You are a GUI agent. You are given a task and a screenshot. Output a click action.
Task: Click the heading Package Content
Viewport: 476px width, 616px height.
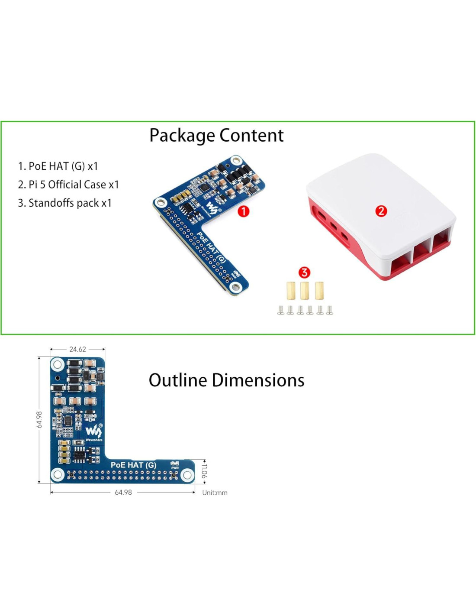tap(216, 136)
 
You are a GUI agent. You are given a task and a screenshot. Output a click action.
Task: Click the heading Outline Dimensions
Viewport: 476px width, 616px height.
tap(226, 380)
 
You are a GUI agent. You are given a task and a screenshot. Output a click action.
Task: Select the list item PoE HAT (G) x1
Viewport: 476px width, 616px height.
tap(58, 166)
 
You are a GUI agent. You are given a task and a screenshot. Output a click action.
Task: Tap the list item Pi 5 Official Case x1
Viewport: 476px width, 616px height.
tap(68, 185)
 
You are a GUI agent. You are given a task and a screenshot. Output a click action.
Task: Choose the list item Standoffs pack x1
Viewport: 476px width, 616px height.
tap(65, 203)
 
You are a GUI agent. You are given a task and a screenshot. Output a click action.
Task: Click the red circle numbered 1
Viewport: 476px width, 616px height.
tap(244, 211)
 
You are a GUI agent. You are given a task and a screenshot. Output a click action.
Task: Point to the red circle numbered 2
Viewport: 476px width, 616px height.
tap(381, 211)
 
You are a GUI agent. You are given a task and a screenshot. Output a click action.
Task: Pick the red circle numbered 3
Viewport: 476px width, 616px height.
tap(304, 272)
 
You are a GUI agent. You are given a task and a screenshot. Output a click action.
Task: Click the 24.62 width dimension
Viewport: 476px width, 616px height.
tap(77, 349)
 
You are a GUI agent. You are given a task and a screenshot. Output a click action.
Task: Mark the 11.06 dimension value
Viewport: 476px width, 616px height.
tap(204, 471)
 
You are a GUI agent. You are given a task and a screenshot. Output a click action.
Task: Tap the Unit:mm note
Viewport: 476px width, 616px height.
tap(215, 493)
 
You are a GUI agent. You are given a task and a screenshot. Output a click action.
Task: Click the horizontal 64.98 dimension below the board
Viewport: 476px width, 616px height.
tap(123, 493)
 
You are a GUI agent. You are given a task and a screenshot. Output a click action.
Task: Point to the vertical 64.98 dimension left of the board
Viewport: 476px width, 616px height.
tap(39, 419)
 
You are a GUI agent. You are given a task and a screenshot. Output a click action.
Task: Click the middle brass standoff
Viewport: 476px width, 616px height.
tap(305, 291)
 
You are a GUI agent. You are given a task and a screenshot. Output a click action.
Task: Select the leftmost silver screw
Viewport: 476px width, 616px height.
tap(281, 310)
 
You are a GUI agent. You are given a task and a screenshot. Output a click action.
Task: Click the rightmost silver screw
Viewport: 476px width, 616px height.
tap(330, 310)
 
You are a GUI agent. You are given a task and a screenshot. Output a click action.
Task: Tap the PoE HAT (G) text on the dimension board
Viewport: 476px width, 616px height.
tap(133, 465)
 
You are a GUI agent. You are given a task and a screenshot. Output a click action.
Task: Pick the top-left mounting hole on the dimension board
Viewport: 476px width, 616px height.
tap(57, 364)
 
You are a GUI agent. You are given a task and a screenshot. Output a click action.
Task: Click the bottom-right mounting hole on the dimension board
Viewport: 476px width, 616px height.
tap(187, 475)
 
